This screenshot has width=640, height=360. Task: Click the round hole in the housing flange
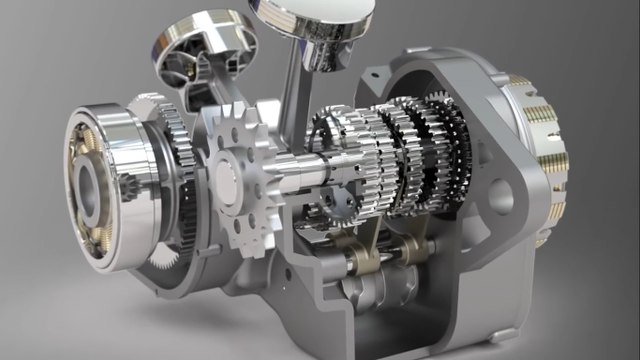[x=501, y=196]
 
